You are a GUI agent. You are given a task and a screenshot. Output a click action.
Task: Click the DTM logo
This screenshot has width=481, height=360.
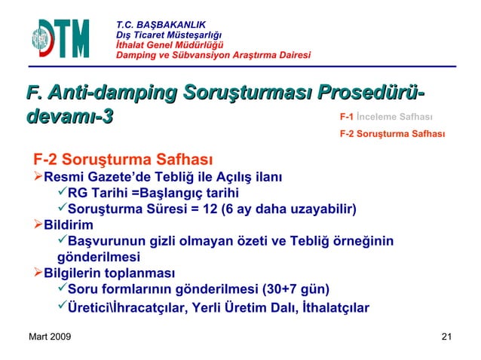60,38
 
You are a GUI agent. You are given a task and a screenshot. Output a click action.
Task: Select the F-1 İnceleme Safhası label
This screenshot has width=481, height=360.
385,117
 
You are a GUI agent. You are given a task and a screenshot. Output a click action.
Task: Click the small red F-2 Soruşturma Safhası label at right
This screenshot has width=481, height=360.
392,136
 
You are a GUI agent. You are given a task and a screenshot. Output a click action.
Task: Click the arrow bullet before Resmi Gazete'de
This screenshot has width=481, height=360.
37,178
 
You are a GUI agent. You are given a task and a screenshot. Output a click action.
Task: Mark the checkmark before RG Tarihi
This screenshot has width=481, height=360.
62,194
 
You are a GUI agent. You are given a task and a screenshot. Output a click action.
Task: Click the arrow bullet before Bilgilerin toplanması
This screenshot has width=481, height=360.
37,272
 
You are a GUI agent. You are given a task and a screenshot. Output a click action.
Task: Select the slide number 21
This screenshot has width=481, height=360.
446,336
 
